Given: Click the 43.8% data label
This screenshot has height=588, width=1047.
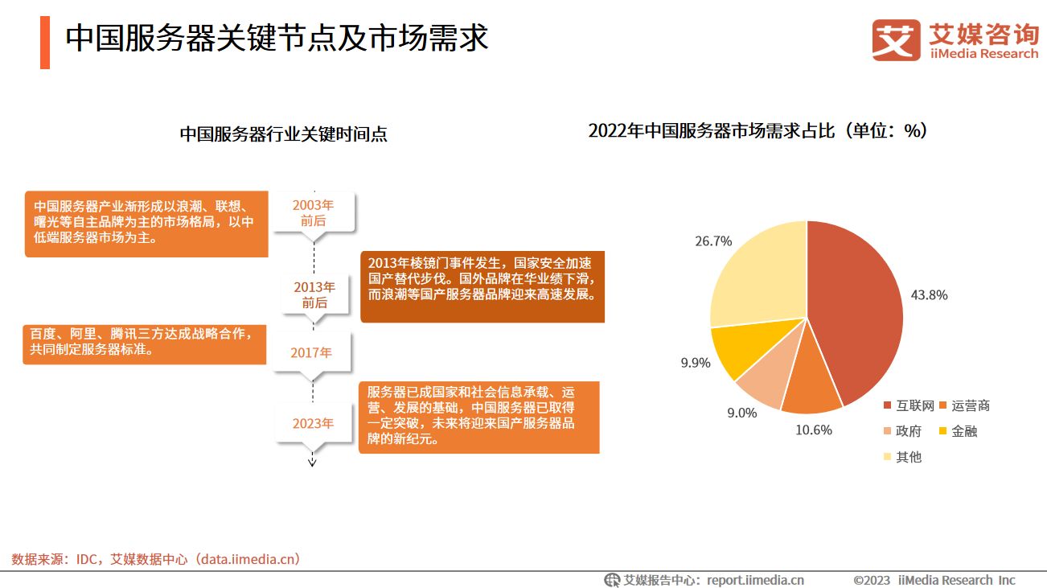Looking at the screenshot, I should tap(929, 295).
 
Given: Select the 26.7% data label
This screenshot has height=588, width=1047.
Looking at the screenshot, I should tap(713, 241).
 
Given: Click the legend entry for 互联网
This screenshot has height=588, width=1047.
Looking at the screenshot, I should tap(909, 405).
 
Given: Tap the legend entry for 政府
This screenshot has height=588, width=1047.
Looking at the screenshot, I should tap(902, 431).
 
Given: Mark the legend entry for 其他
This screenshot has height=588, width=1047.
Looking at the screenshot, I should tap(902, 457).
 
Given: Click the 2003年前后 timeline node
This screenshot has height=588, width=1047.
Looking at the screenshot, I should tap(313, 212).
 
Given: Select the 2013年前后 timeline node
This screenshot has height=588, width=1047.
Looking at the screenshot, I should tap(314, 294).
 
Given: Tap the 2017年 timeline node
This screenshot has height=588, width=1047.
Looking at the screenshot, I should tap(313, 353).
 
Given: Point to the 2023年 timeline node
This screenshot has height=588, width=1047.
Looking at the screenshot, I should tap(313, 424).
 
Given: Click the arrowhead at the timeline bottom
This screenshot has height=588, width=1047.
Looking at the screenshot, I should tap(313, 462).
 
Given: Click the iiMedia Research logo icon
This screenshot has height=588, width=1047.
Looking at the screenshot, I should tap(896, 39).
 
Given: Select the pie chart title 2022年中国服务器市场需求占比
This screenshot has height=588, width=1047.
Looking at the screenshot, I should tap(758, 131).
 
